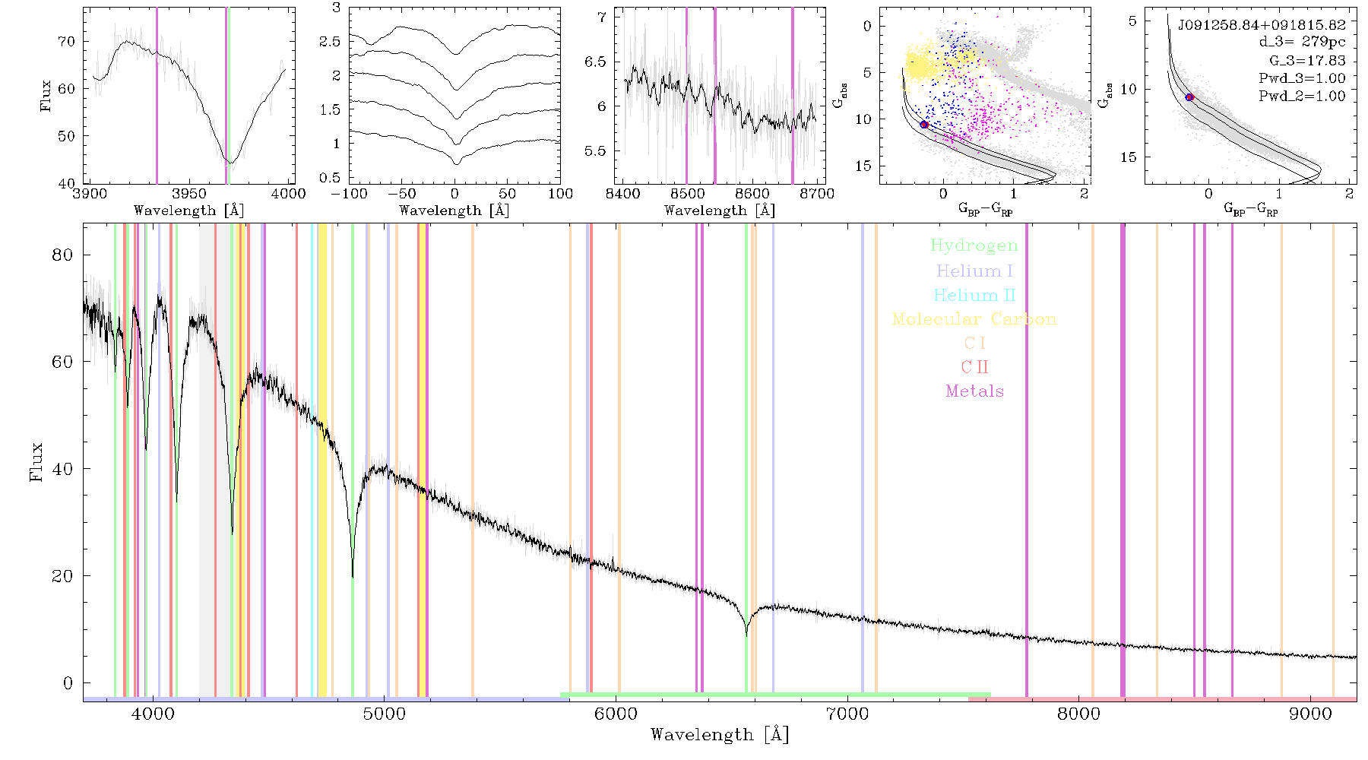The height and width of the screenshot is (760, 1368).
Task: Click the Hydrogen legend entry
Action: (x=974, y=245)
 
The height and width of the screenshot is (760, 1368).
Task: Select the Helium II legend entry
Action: (x=974, y=295)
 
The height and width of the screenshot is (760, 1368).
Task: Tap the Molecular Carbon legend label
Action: (x=974, y=319)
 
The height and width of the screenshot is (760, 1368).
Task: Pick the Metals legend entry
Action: (x=975, y=391)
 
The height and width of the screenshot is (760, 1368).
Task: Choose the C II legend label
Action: (x=974, y=367)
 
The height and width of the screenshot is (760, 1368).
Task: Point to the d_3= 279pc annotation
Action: (x=1302, y=43)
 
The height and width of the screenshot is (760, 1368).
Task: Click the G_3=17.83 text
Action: (x=1307, y=61)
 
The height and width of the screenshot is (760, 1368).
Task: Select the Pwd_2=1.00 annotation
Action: (x=1302, y=96)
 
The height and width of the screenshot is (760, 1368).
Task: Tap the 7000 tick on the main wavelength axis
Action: (x=847, y=714)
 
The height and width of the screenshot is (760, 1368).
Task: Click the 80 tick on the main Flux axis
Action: (x=63, y=255)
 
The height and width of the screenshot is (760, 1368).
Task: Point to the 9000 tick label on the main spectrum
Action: (x=1310, y=714)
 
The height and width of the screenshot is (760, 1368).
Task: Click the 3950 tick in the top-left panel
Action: (x=189, y=194)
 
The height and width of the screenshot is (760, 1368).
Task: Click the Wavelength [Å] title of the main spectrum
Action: (x=720, y=734)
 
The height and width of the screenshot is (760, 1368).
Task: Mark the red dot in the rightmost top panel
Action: (x=1189, y=97)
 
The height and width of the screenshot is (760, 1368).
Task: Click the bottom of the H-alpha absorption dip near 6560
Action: (x=746, y=635)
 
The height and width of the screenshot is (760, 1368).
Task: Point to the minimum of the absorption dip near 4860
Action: (x=353, y=577)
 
